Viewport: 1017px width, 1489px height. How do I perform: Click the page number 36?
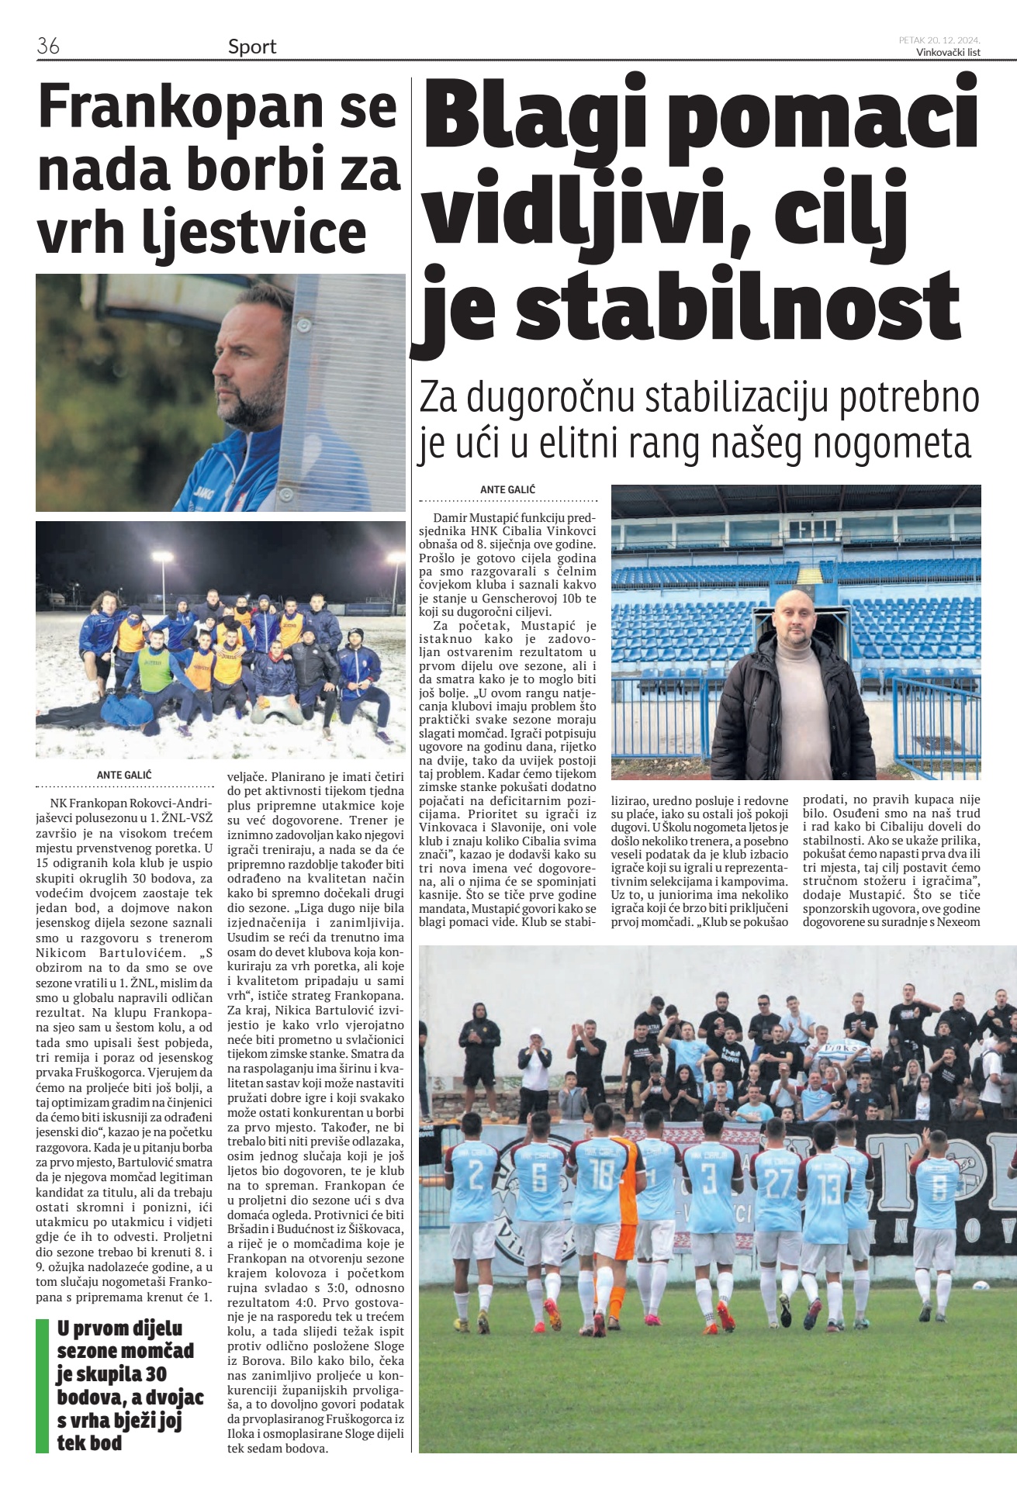tap(48, 46)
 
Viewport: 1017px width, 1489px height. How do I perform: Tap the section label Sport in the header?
tap(252, 47)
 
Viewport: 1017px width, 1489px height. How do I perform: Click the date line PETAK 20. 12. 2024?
tap(939, 40)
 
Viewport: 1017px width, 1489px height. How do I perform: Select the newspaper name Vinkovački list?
tap(948, 53)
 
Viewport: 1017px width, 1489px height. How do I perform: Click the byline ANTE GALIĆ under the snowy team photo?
tap(124, 775)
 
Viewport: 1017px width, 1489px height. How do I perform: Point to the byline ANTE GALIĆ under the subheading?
tap(507, 489)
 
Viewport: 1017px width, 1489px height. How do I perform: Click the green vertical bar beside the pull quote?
tap(42, 1385)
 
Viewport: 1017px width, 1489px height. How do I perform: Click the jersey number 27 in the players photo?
tap(777, 1186)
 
